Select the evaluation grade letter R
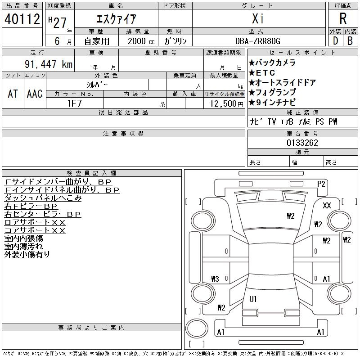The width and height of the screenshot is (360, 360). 343,19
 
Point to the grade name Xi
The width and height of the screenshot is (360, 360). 258,19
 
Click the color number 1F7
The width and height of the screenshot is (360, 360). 74,103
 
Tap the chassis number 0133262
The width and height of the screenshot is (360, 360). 302,143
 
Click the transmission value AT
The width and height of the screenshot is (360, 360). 13,94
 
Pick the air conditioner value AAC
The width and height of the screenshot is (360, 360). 35,94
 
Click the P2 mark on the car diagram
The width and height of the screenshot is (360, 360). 321,184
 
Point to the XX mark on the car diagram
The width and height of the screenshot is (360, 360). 327,206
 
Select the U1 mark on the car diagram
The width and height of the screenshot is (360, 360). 253,299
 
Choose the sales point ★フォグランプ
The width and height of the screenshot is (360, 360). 276,93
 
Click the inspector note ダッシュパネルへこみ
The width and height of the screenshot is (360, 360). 43,198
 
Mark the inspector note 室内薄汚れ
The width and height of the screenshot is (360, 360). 24,247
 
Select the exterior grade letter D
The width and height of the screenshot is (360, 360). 335,40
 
